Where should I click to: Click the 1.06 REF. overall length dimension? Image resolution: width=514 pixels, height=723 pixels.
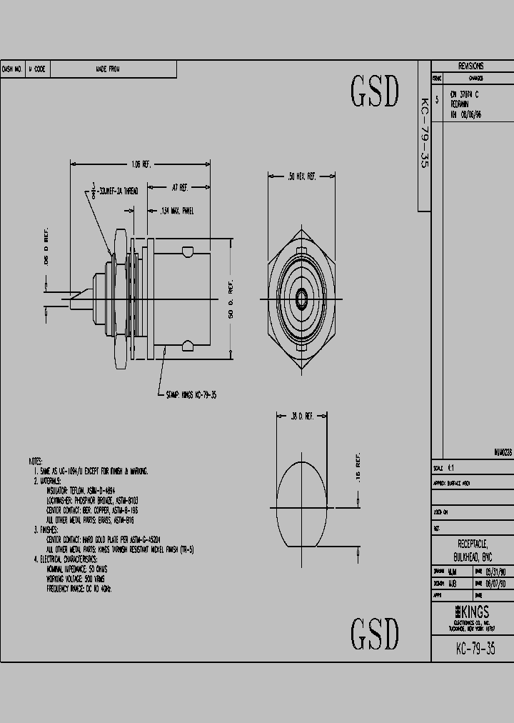140,164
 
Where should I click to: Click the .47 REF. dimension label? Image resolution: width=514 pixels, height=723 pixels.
179,187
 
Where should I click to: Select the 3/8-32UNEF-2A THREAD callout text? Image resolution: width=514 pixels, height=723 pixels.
117,191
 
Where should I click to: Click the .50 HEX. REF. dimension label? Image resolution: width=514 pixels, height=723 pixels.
301,175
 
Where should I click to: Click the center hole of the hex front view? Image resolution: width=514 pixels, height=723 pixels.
301,294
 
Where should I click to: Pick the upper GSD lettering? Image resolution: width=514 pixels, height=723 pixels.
374,91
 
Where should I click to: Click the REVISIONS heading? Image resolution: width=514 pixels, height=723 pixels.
471,65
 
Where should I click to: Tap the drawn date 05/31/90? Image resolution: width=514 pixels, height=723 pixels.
496,572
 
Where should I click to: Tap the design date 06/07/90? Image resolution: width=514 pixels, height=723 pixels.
496,583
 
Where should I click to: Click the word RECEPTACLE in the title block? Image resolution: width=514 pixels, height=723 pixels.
472,544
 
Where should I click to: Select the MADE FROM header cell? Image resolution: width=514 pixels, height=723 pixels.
108,69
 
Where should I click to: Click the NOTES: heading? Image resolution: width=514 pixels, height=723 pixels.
36,462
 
